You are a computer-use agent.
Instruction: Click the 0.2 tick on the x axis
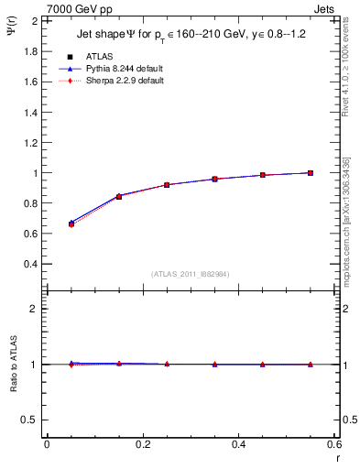pyautogui.click(x=142, y=445)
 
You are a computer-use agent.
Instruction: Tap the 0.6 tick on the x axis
pyautogui.click(x=334, y=445)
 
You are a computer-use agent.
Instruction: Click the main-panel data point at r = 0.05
pyautogui.click(x=71, y=224)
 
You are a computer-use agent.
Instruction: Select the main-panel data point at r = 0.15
pyautogui.click(x=119, y=196)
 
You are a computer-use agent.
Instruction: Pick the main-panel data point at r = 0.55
pyautogui.click(x=311, y=172)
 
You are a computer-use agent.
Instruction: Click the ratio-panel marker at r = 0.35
pyautogui.click(x=214, y=365)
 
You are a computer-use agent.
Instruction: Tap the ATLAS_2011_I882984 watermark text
pyautogui.click(x=191, y=274)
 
